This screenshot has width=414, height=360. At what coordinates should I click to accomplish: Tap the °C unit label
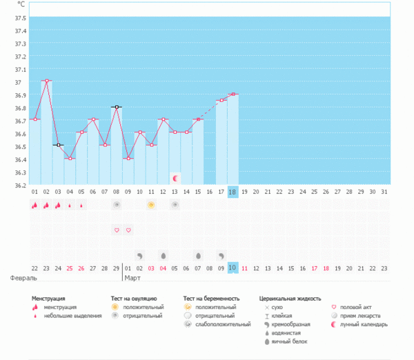[21, 4]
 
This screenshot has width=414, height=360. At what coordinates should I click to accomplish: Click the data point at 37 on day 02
[46, 81]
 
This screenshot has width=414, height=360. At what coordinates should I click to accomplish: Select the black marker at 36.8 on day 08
[117, 107]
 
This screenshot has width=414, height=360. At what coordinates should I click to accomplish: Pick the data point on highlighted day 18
[233, 94]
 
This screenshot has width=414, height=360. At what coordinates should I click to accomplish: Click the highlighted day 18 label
[233, 192]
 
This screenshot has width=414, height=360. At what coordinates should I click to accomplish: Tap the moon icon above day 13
[175, 178]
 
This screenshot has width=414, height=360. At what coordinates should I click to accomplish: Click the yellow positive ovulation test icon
[151, 205]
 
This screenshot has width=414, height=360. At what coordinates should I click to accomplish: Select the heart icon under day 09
[128, 230]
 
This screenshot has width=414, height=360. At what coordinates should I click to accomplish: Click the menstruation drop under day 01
[34, 205]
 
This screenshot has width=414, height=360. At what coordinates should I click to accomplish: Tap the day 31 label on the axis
[385, 192]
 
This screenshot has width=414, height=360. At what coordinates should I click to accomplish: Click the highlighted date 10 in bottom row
[233, 268]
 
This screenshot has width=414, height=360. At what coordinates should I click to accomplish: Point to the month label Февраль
[23, 279]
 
